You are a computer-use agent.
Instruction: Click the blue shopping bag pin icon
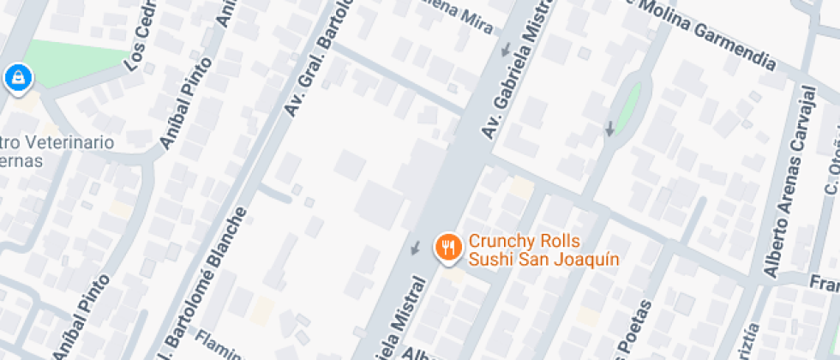(18, 79)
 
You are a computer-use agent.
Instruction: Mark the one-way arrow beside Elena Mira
(507, 48)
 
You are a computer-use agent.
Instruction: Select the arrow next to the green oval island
(609, 129)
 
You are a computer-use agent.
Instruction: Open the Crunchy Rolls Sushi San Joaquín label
(531, 249)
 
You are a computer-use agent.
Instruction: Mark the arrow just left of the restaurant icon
(416, 249)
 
